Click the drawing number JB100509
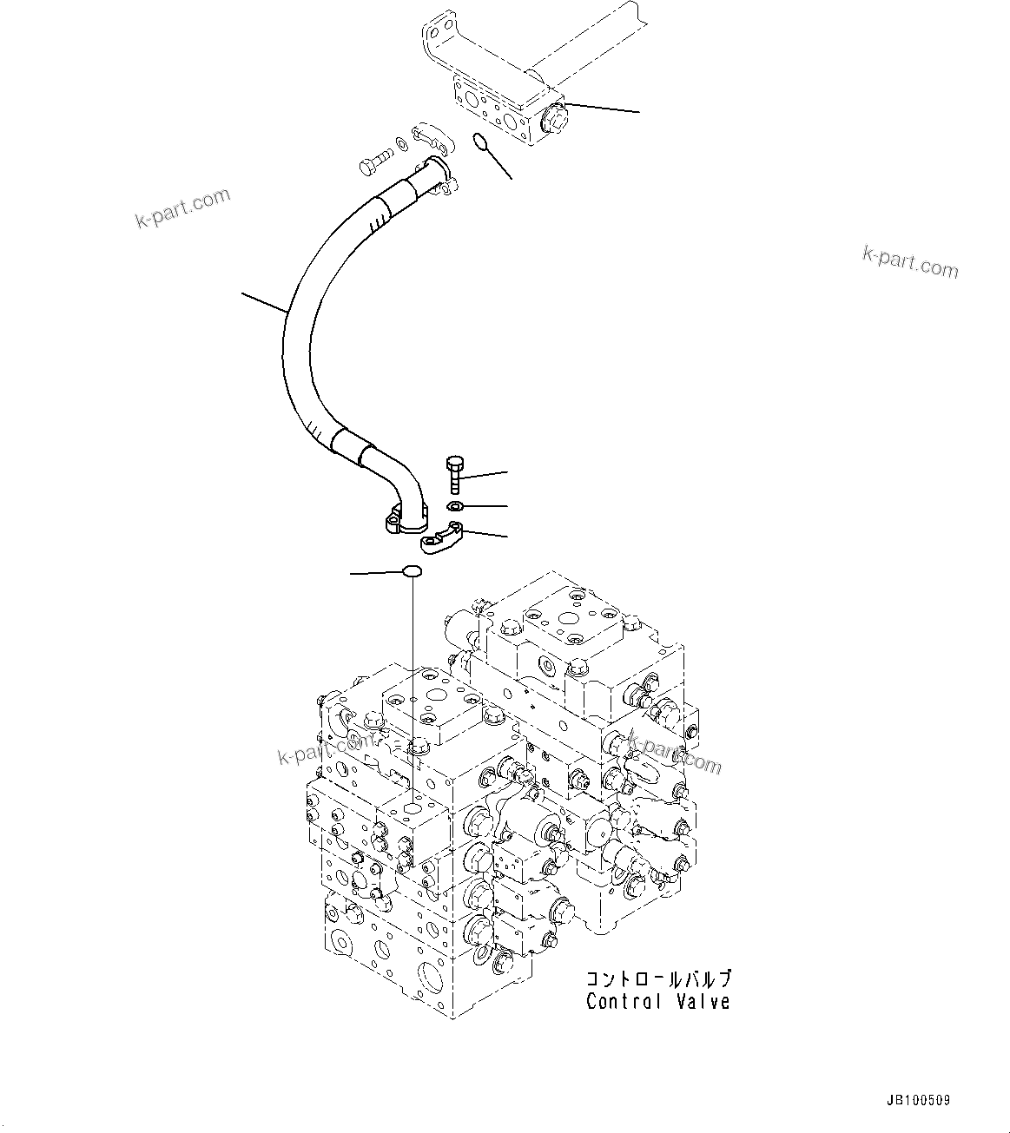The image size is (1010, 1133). coord(918,1100)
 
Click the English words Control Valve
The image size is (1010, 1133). coord(657,1001)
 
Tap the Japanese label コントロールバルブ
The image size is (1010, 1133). coord(657,978)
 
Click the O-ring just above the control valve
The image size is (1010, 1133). coord(412,571)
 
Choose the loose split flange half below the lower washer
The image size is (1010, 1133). coord(441,537)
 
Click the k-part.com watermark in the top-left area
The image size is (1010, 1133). coord(182,208)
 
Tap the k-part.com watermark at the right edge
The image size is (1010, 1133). coord(910,261)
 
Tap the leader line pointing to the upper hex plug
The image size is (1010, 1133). coord(601,109)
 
